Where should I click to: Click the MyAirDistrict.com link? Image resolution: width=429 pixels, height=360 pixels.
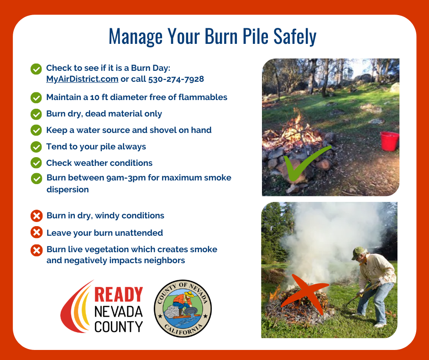tap(82, 79)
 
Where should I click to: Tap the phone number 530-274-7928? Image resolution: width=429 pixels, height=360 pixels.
tap(176, 79)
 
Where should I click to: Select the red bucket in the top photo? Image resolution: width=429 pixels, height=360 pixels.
tap(389, 141)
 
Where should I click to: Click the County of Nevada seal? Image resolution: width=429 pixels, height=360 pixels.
tap(183, 308)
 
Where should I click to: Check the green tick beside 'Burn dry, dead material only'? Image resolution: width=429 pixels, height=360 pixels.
tap(36, 114)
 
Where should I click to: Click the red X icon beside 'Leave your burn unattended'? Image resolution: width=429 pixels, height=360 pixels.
tap(36, 233)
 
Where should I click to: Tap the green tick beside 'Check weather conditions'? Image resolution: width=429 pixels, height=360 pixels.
tap(36, 163)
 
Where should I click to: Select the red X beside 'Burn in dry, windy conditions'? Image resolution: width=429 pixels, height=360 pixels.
tap(36, 216)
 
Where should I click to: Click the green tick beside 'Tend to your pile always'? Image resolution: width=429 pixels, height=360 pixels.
tap(36, 147)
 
